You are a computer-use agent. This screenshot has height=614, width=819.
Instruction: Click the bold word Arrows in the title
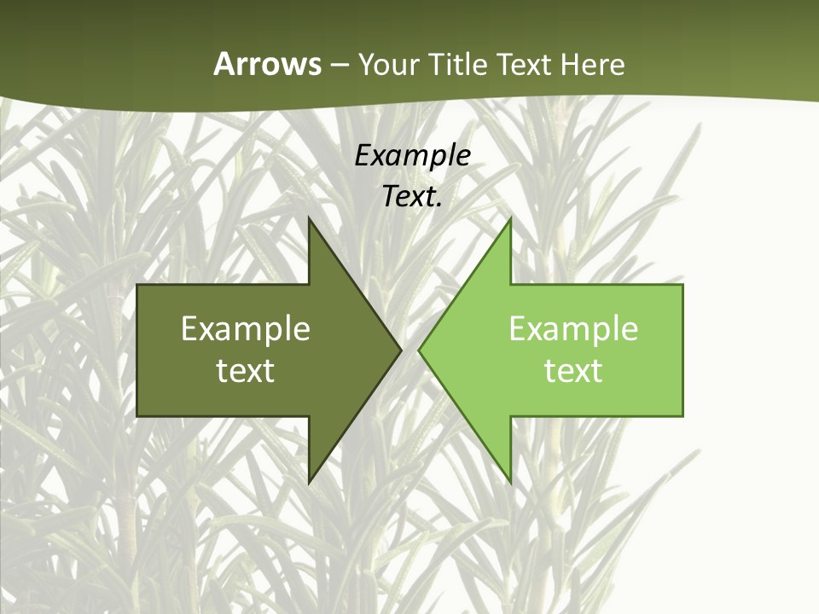[267, 64]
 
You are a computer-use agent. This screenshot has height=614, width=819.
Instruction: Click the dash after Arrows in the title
[339, 66]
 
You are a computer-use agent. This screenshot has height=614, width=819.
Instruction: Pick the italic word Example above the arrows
[413, 156]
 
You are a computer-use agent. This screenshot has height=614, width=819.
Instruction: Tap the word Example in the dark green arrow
[246, 328]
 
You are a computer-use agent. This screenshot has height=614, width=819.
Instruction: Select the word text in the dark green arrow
[246, 371]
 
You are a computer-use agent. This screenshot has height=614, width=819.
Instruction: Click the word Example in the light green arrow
[573, 328]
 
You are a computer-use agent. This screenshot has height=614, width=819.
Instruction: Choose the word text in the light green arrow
[573, 371]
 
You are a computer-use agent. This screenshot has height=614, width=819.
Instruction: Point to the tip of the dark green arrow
[400, 350]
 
